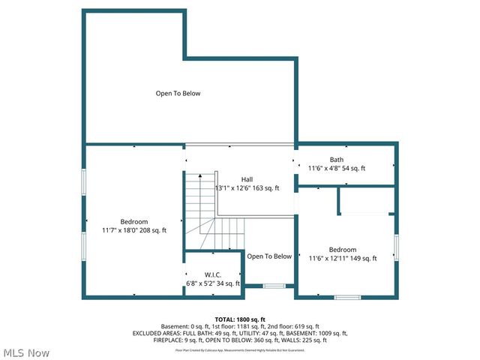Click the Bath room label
pos(337,159)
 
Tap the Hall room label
pos(247,179)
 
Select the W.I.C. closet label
pos(212,274)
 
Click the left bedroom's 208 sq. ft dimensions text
pos(134,230)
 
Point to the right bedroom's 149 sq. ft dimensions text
pos(342,258)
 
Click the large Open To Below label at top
pos(178,94)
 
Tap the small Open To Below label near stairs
pos(269,256)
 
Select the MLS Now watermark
pos(27,352)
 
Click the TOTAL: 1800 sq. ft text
pos(240,319)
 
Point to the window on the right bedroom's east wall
pos(396,247)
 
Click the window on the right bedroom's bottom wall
pos(346,297)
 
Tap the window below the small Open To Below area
pos(274,286)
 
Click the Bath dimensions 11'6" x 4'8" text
pos(337,168)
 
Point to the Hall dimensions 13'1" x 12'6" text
pos(247,188)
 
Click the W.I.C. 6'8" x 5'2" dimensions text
pos(212,283)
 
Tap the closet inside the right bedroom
pos(366,200)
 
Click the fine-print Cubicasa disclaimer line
pos(240,349)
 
